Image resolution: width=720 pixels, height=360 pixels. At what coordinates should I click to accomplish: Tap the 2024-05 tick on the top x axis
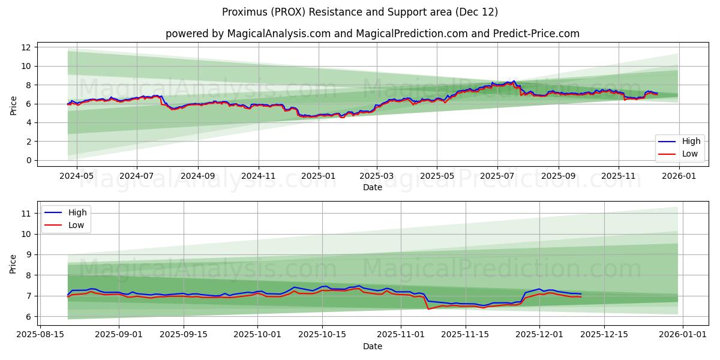click(x=76, y=177)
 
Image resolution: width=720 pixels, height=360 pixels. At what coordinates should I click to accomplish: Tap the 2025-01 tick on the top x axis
click(x=318, y=177)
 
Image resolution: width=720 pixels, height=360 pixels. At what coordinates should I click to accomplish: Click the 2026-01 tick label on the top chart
click(x=679, y=177)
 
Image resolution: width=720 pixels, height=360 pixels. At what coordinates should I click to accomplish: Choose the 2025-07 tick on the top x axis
click(x=497, y=177)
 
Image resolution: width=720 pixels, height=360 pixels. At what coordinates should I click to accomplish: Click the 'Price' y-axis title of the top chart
click(x=13, y=105)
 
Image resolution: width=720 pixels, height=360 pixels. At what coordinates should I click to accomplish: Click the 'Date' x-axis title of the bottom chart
click(x=372, y=346)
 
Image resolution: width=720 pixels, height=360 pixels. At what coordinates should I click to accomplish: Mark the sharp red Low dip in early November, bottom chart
click(x=428, y=309)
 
